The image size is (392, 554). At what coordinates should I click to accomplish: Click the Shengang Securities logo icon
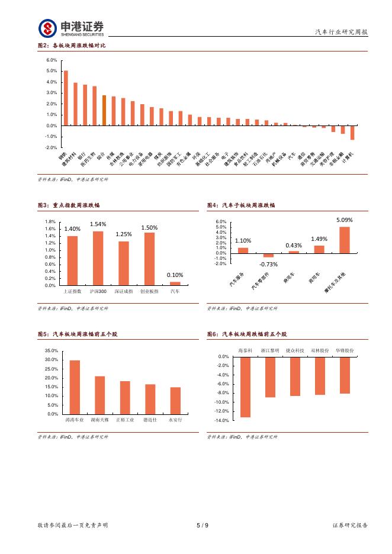coord(48,28)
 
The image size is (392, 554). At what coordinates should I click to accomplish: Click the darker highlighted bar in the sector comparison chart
coord(104,110)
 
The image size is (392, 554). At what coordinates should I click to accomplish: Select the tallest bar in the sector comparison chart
coord(66,98)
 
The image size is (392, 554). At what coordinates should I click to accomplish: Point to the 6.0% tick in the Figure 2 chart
coord(51,60)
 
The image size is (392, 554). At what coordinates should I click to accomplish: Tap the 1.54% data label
coord(98,224)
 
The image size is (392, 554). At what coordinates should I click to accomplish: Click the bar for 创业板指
coord(149,259)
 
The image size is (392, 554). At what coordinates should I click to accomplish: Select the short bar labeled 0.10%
coord(175,284)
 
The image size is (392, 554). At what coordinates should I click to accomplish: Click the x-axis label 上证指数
coord(72,292)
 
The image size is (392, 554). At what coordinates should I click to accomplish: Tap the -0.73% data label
coord(268,264)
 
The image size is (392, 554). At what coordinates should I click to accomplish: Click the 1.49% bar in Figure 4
coord(319,249)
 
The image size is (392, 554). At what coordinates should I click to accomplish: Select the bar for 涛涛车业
coord(75,387)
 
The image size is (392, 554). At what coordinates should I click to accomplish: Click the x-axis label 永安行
coord(175,420)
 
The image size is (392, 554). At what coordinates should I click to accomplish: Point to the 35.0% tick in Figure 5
coord(51,351)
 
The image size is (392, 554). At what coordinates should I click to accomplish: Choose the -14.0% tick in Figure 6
coord(221,420)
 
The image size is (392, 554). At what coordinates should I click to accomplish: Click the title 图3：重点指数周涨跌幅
coord(68,205)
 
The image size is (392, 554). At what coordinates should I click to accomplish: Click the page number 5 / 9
coord(202,525)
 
